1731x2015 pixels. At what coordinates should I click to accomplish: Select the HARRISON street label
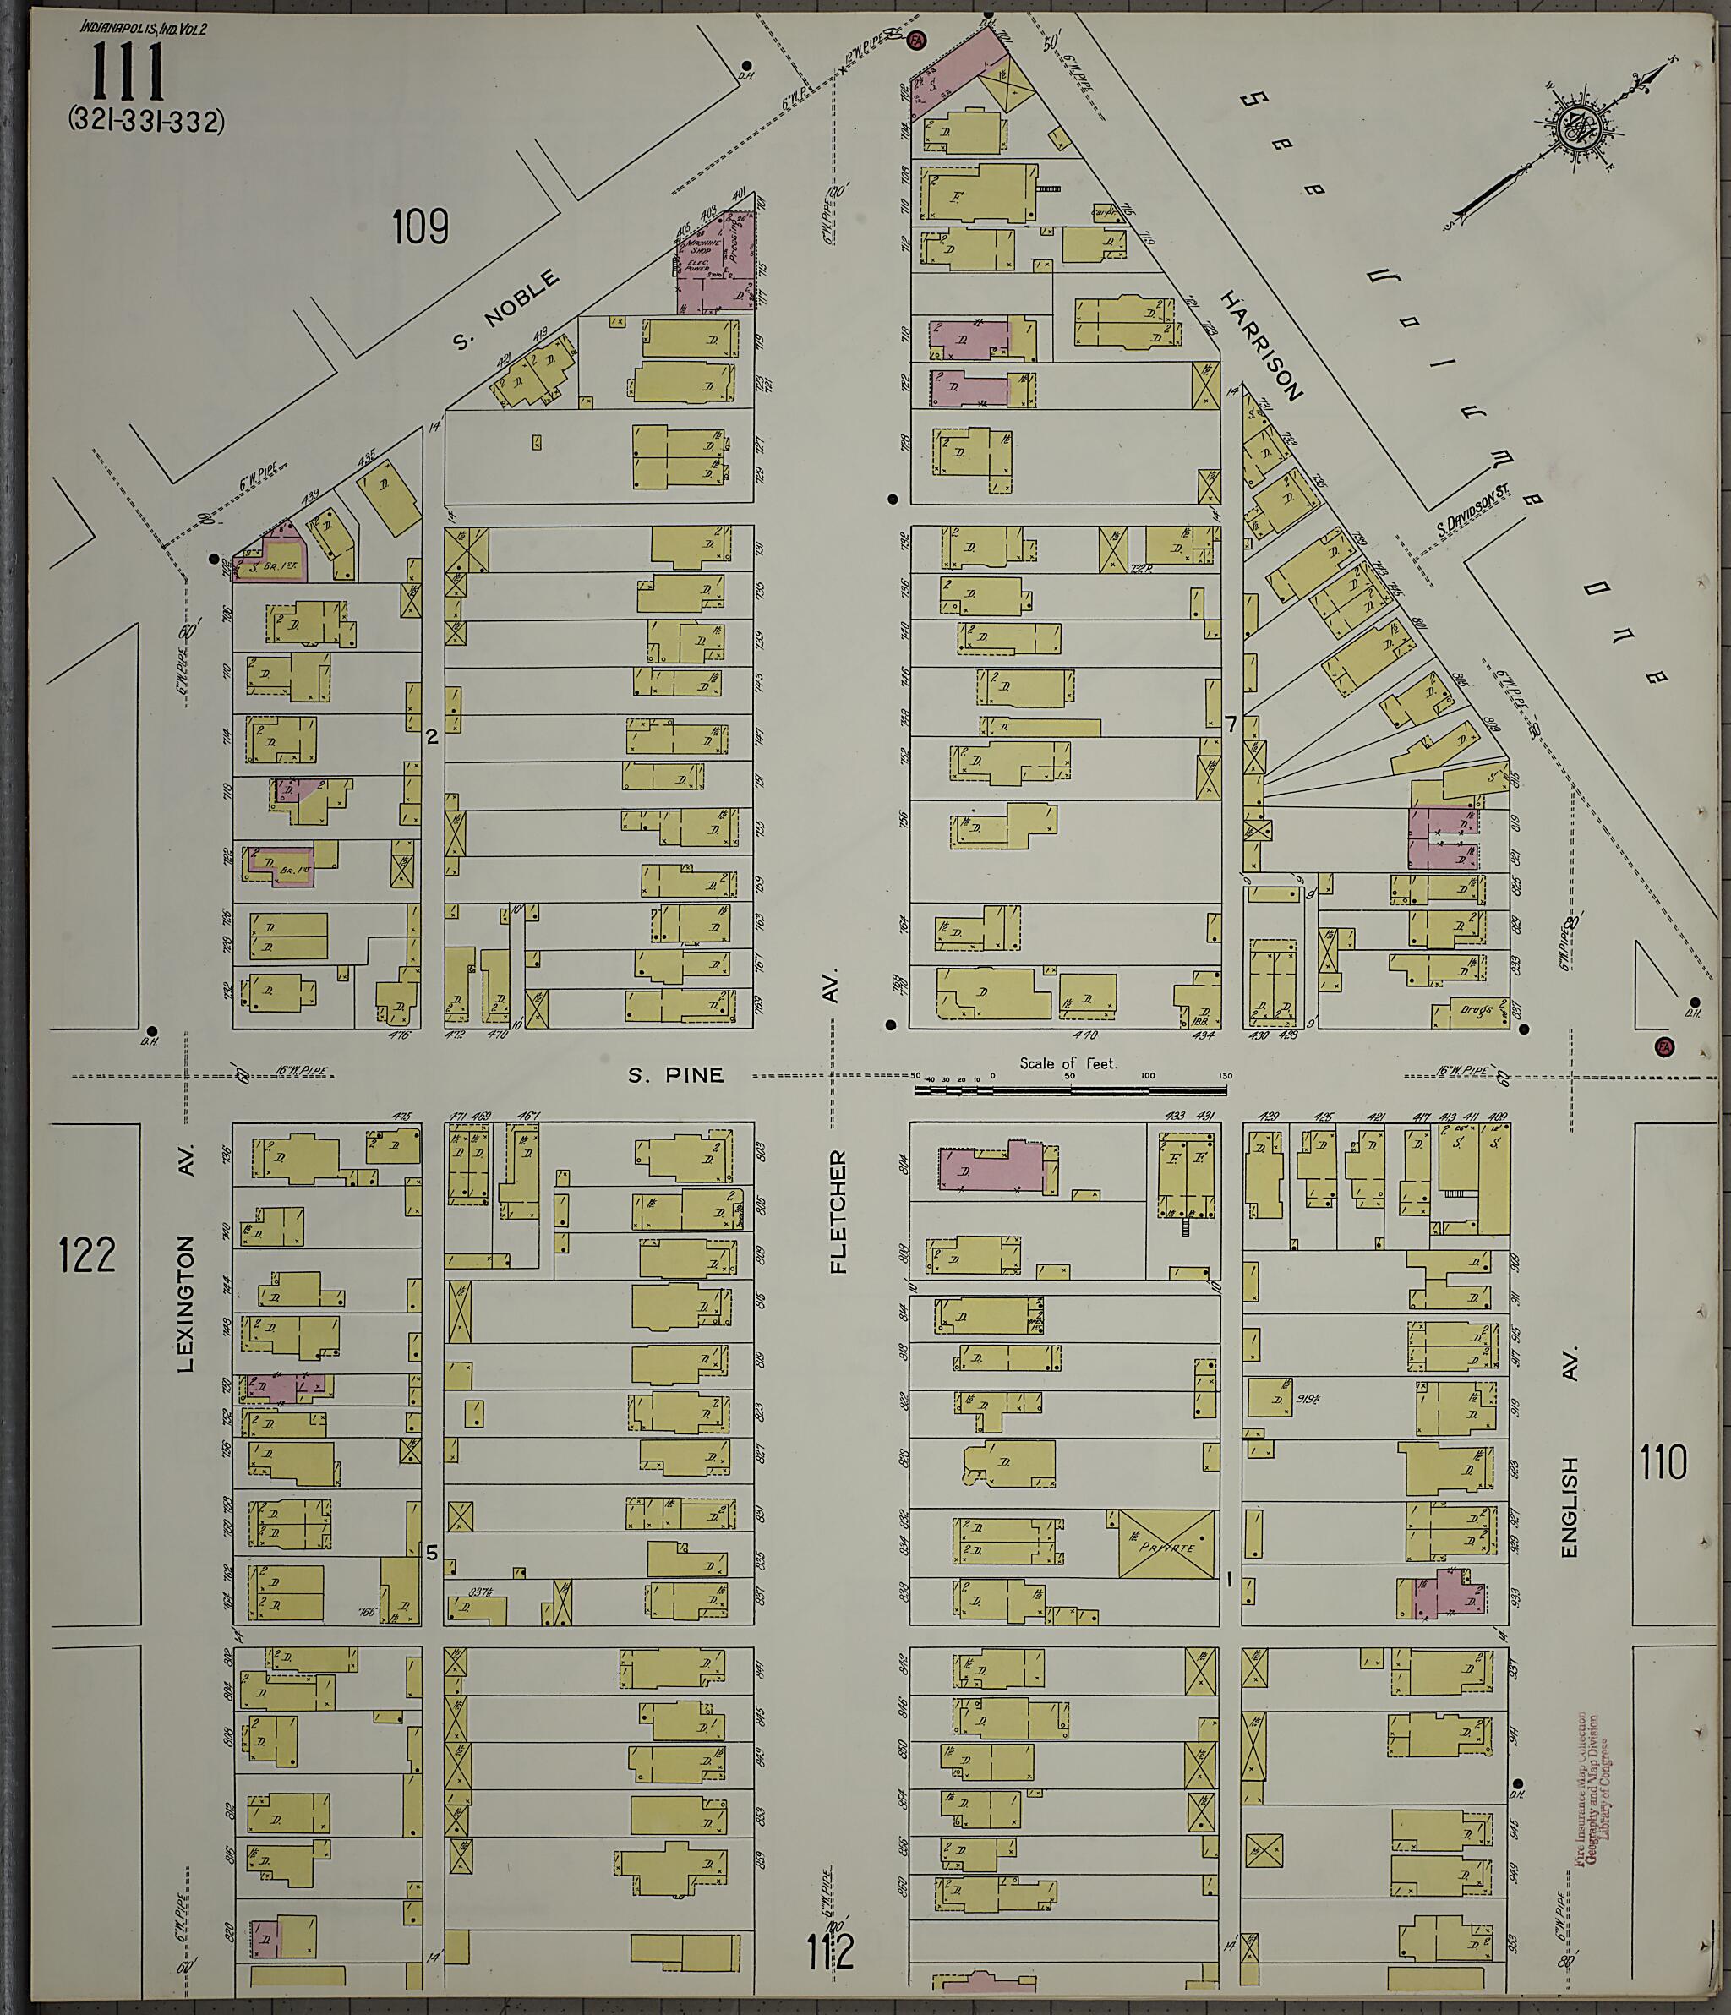coord(1261,345)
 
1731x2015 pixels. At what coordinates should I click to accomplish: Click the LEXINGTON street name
coord(188,1303)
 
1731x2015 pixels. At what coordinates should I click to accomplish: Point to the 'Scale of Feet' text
coord(1068,1063)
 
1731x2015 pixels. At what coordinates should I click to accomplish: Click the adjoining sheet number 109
coord(420,227)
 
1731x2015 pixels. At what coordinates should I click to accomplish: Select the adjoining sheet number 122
coord(86,1253)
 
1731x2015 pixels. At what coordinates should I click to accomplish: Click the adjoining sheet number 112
coord(829,1951)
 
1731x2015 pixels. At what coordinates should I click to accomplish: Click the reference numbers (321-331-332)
coord(146,121)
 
